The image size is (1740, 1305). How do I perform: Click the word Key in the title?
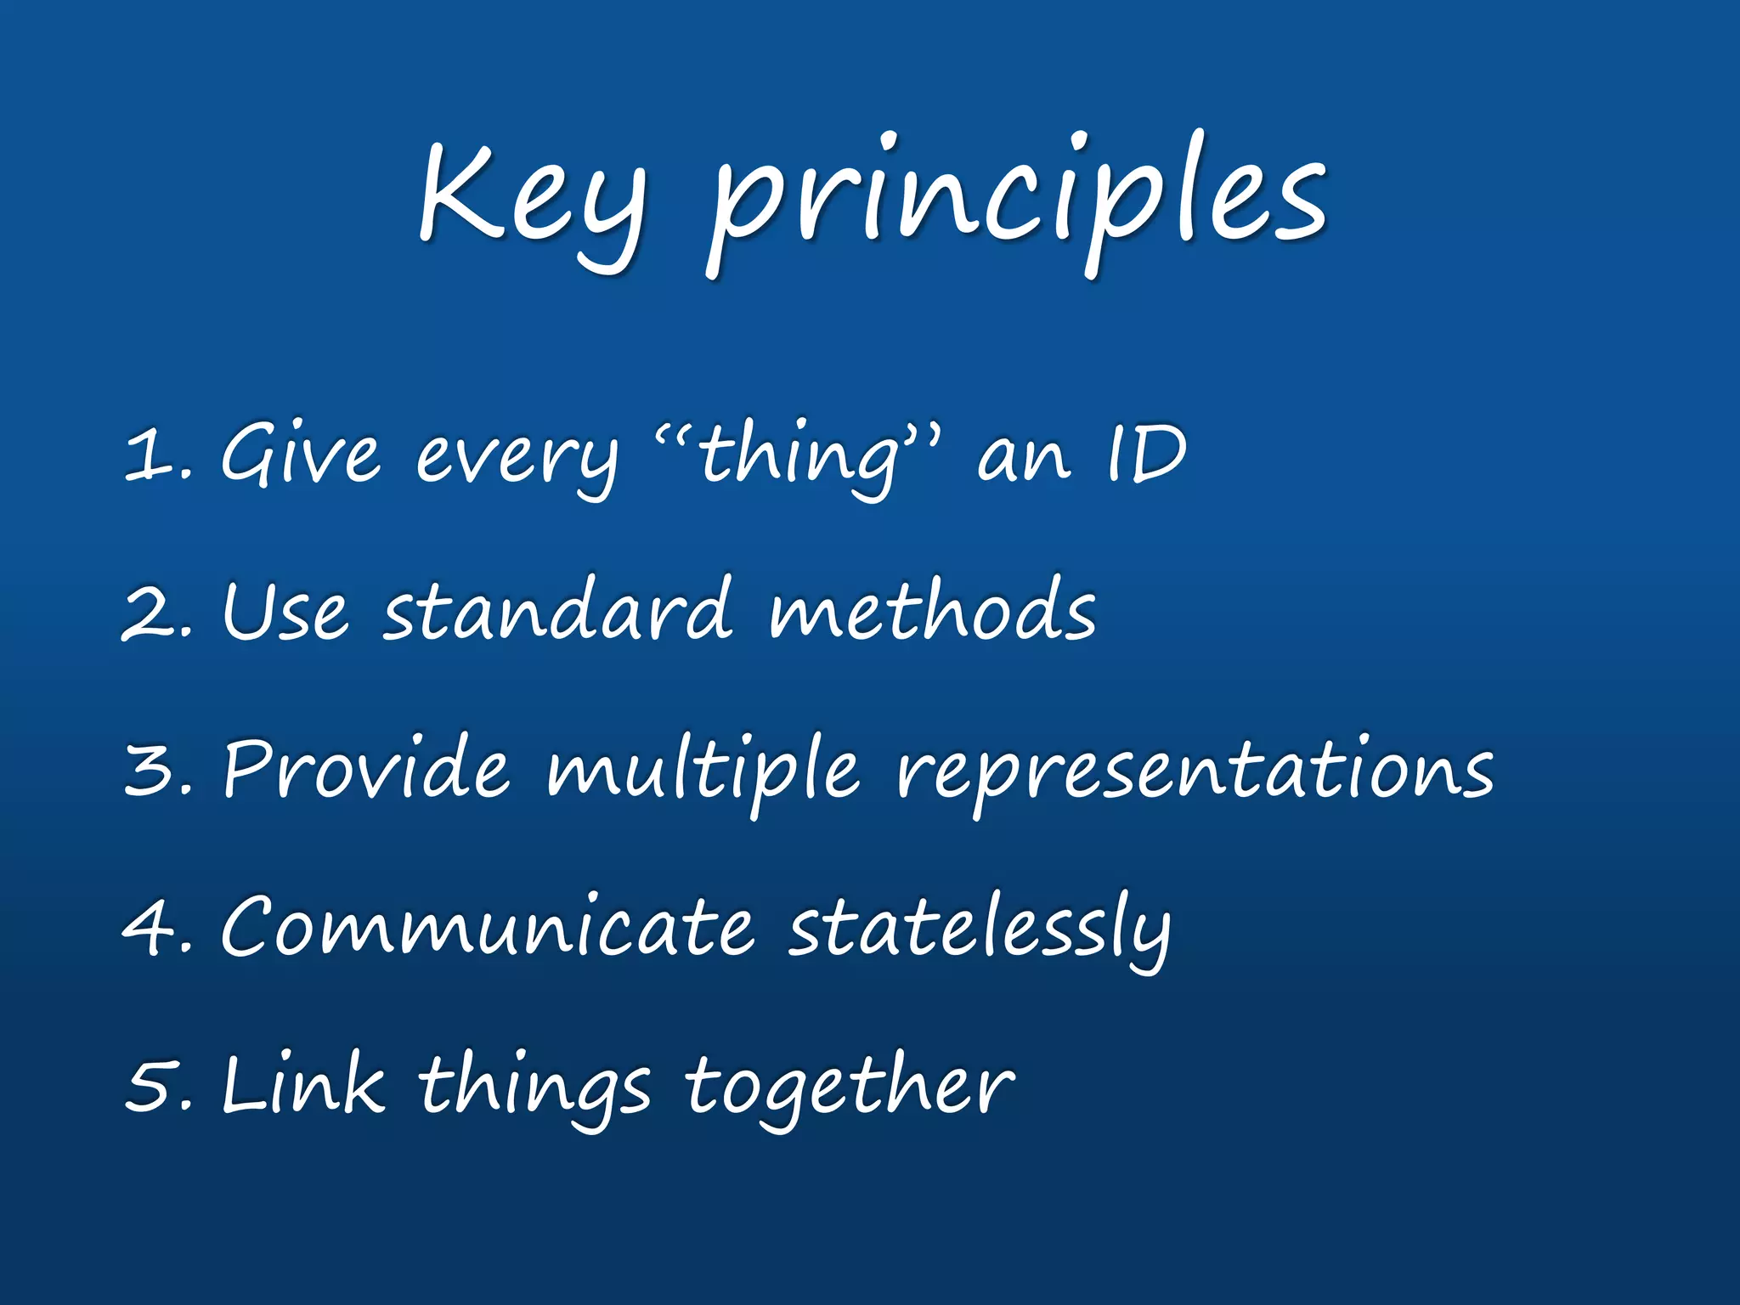(531, 200)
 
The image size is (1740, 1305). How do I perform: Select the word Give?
(299, 455)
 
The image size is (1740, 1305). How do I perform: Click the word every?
(516, 459)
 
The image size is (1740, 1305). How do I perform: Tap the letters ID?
(1145, 455)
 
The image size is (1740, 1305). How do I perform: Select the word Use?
(285, 612)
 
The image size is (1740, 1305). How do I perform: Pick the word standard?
(556, 610)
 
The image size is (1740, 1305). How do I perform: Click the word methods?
(932, 610)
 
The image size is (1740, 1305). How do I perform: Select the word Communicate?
(487, 926)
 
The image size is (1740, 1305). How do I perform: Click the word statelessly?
(979, 928)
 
